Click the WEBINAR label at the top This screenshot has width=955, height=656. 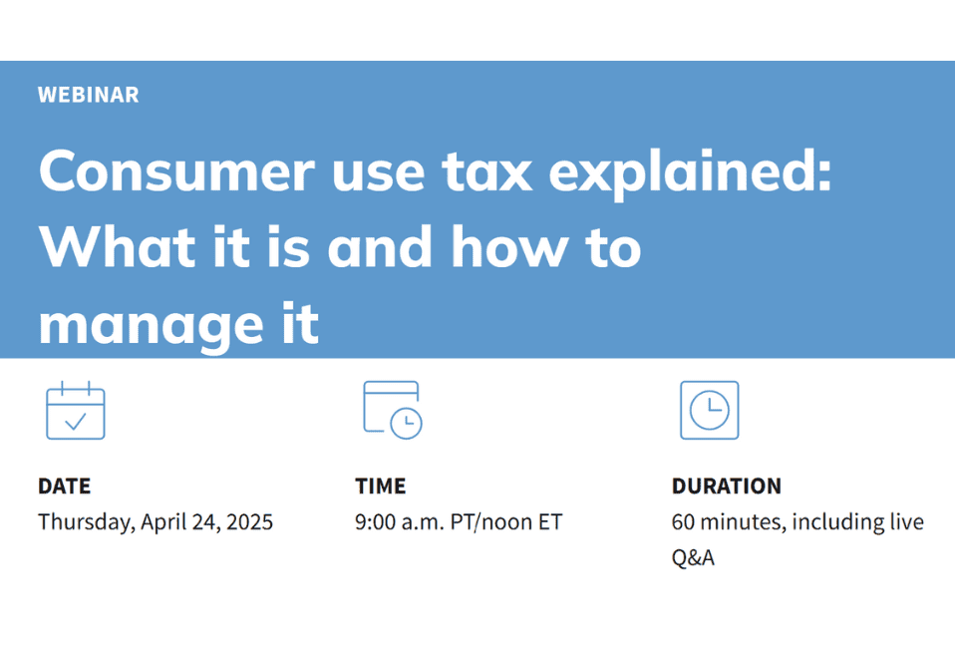88,95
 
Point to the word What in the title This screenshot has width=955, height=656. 113,245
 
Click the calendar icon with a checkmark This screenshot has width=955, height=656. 76,410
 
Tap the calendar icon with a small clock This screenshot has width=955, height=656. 392,410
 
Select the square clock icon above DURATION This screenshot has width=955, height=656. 709,410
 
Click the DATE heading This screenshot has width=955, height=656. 64,487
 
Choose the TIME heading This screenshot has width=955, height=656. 380,487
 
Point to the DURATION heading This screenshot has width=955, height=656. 726,487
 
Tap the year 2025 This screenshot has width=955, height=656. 248,521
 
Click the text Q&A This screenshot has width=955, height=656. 693,557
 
